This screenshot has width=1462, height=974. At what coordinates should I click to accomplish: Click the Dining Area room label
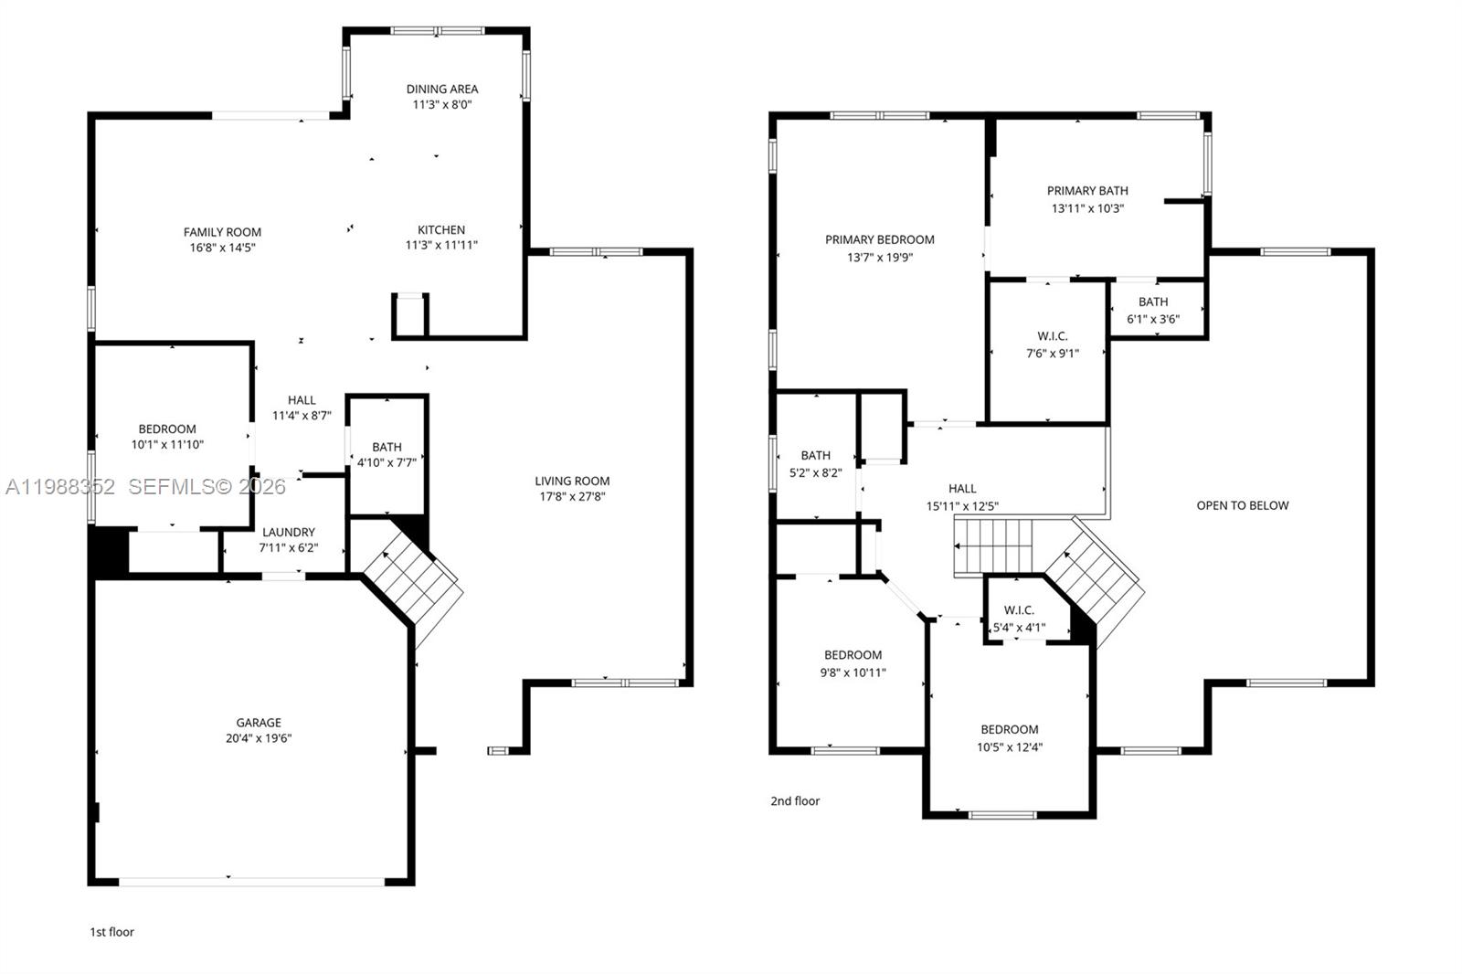(x=442, y=90)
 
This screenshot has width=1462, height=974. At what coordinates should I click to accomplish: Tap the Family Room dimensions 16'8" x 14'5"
(x=222, y=248)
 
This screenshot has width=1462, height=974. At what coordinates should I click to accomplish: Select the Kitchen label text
(x=441, y=230)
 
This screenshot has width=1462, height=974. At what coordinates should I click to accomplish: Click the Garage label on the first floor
(x=259, y=723)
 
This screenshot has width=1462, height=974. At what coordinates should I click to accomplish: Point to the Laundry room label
(x=289, y=533)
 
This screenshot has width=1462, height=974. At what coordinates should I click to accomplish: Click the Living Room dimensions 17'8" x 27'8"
(x=572, y=497)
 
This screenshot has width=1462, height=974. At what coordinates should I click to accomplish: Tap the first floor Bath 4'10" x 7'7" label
(x=387, y=454)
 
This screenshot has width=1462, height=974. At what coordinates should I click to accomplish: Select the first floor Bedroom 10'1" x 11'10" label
(x=167, y=437)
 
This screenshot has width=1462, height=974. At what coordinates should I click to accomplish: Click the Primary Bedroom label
(x=880, y=240)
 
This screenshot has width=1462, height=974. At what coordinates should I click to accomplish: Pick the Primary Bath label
(x=1087, y=191)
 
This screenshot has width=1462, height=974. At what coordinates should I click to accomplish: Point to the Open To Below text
(x=1243, y=505)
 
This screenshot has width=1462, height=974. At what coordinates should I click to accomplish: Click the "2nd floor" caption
(x=795, y=801)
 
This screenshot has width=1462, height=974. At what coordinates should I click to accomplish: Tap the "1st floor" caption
(x=111, y=932)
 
